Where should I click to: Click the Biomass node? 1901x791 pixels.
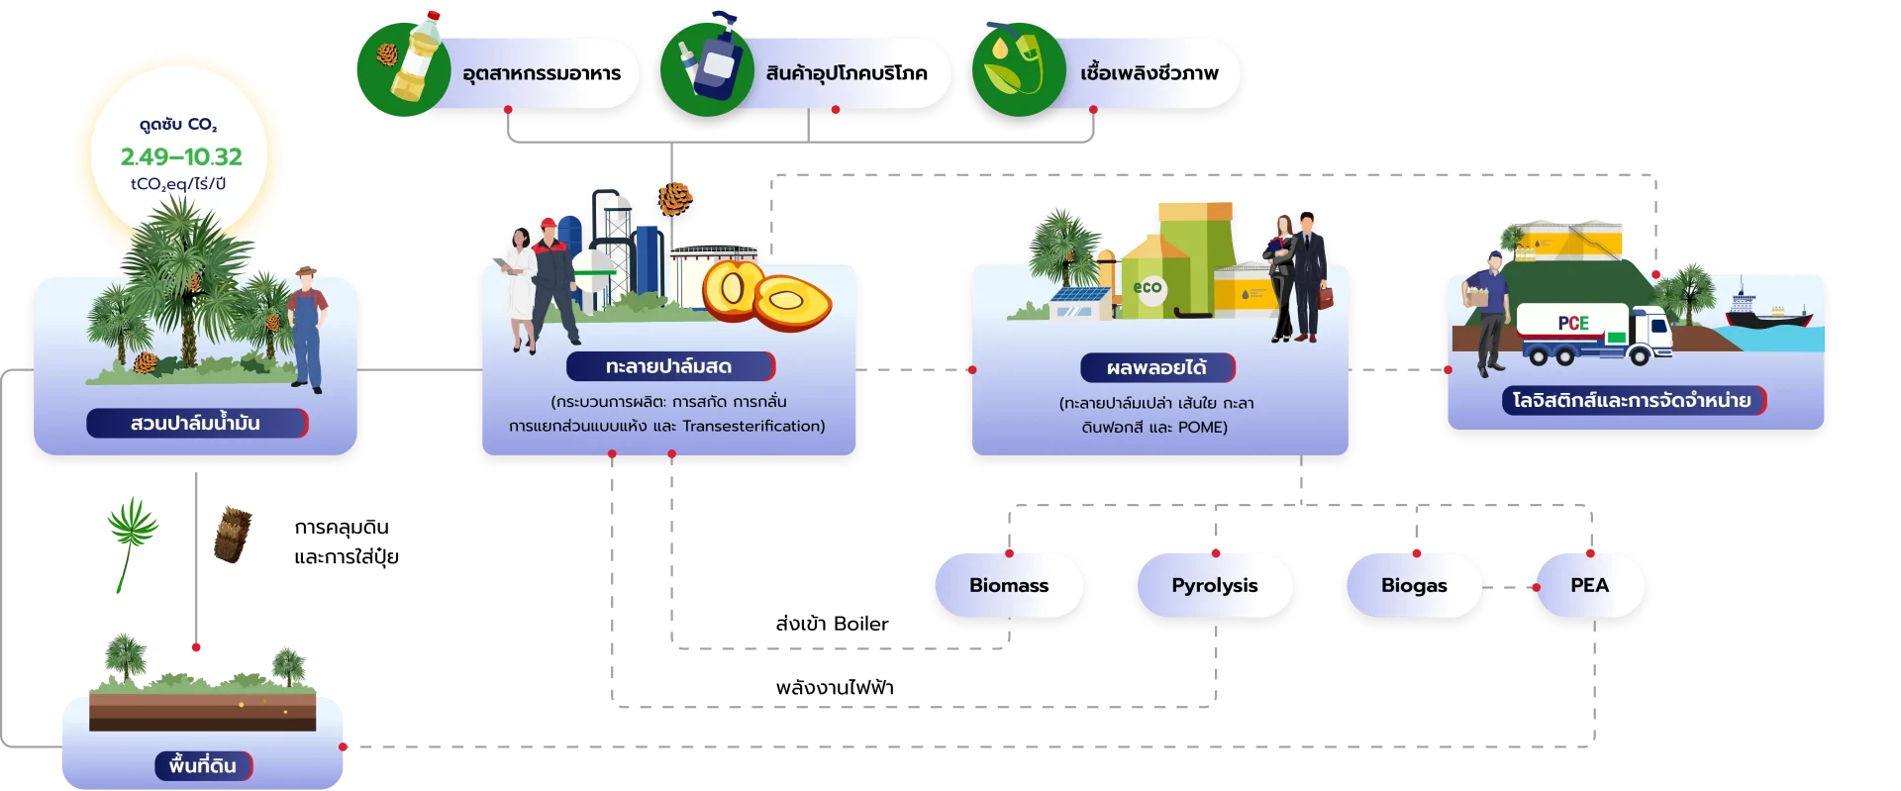[x=1009, y=585]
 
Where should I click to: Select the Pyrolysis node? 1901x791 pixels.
[x=1215, y=585]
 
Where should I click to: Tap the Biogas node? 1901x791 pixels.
[x=1414, y=585]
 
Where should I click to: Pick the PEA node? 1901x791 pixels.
[x=1590, y=585]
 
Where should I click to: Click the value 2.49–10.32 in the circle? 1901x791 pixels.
[x=181, y=156]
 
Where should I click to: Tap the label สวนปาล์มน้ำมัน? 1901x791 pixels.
[x=196, y=423]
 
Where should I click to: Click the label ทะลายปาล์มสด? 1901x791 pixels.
[x=669, y=366]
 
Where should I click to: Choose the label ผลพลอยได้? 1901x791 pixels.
[x=1157, y=367]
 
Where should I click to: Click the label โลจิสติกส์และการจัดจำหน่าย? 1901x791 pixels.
[x=1633, y=400]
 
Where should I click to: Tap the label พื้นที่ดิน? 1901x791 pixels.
[x=203, y=765]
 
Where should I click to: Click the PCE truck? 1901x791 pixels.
[x=1594, y=335]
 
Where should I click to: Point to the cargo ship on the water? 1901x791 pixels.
[x=1768, y=310]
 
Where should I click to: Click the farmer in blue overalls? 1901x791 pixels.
[x=308, y=329]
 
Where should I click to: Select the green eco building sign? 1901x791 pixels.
[x=1149, y=288]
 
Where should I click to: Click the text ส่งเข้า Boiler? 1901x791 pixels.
[x=832, y=624]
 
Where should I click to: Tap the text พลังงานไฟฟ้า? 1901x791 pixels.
[x=835, y=687]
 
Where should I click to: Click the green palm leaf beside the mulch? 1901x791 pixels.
[x=132, y=544]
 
